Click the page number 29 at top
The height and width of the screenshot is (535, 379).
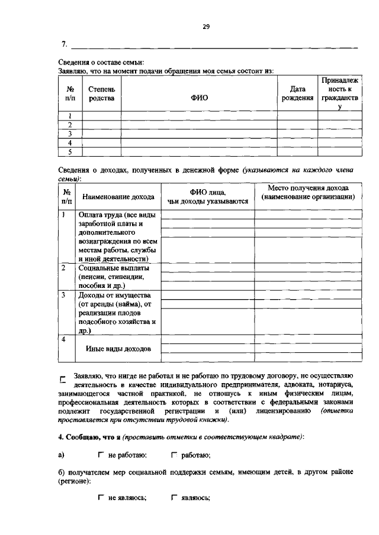tap(206, 26)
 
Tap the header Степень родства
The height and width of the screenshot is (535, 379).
tap(101, 93)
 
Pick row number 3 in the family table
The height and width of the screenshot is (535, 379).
tap(70, 134)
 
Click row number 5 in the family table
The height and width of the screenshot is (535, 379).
tap(70, 151)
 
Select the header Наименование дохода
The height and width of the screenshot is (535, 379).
tap(118, 197)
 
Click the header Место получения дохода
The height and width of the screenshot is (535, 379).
tap(308, 192)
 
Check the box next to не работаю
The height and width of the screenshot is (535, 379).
tap(101, 455)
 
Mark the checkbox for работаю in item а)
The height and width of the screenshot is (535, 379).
tap(174, 455)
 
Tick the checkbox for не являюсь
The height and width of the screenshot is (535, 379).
tap(101, 498)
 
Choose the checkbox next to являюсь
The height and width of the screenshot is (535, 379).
tap(174, 498)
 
